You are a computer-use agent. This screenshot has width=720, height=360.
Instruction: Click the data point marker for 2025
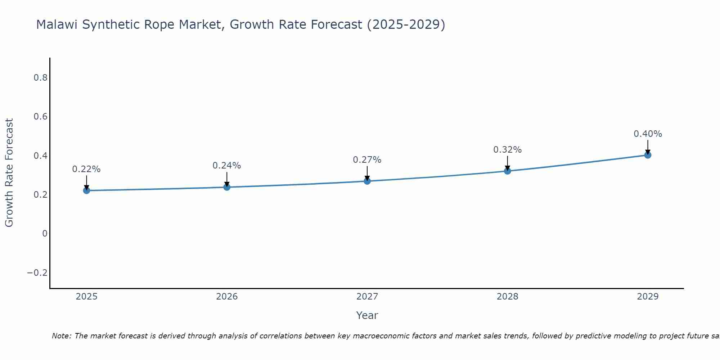86,190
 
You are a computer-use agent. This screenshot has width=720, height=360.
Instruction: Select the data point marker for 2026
227,187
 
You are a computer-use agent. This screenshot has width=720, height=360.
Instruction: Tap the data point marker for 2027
367,181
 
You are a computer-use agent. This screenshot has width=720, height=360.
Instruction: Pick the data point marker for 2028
508,171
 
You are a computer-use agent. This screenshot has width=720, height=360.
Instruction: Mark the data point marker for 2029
648,155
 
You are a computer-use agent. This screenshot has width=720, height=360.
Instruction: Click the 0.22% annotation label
86,169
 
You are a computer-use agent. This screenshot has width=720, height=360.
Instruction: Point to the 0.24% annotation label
227,166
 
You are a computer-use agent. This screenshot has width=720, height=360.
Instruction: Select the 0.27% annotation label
367,160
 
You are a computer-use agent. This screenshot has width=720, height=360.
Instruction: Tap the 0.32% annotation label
508,150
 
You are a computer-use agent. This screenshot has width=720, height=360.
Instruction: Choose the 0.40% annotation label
648,134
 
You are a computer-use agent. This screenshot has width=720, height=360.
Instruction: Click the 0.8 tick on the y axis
40,78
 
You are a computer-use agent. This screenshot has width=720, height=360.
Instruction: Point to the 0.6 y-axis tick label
40,117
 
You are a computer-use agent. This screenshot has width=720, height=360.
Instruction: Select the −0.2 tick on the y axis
37,273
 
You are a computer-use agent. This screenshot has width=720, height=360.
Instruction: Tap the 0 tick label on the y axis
45,234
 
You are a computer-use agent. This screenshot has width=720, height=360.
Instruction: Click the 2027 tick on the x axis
367,297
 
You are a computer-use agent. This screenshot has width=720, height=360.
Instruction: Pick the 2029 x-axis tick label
648,297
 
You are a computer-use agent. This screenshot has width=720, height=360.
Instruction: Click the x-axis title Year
367,315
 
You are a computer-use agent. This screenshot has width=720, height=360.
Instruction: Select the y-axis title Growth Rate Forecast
9,173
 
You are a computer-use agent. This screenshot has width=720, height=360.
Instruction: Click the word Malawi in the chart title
58,25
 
